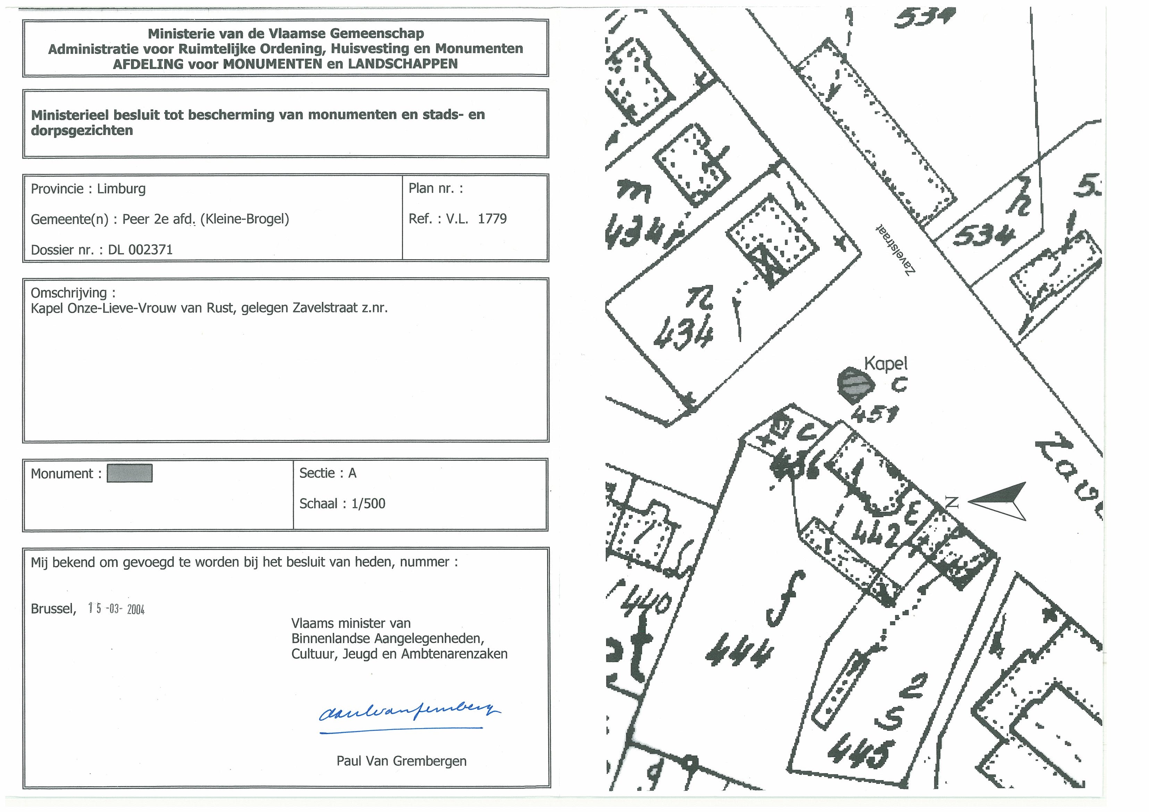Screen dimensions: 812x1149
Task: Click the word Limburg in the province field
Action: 121,189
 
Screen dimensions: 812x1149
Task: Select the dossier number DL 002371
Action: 140,249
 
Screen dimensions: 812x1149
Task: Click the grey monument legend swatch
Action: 129,473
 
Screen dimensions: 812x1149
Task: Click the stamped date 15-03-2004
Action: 116,609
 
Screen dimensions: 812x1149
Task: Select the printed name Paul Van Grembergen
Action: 401,761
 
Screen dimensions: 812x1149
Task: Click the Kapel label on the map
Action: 886,364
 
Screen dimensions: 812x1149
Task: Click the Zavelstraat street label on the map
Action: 896,249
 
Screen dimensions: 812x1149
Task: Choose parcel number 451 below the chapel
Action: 874,414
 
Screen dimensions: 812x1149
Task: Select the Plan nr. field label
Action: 435,189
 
